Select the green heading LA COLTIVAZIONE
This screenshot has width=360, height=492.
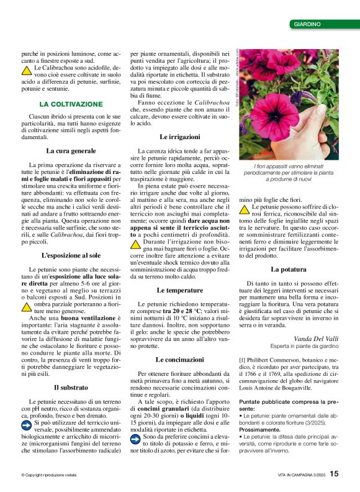click(x=71, y=104)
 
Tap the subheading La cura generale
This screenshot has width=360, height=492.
click(x=71, y=151)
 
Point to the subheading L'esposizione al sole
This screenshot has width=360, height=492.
click(x=71, y=255)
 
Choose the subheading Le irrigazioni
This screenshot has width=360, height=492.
click(x=180, y=136)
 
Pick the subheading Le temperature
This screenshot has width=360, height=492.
click(x=180, y=290)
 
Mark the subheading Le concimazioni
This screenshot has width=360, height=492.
click(x=180, y=360)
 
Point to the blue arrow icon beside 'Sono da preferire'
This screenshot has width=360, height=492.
click(x=135, y=439)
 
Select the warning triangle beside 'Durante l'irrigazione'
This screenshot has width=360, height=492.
click(x=135, y=245)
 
